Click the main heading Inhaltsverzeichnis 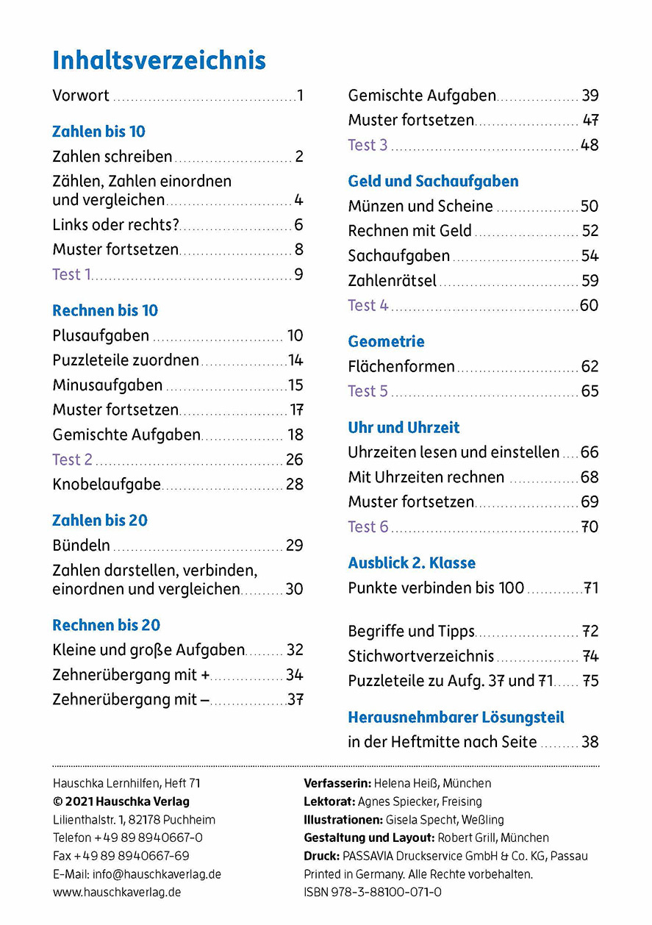[159, 60]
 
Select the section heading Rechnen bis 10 [105, 310]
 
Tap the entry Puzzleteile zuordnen [126, 360]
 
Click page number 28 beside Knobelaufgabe [294, 485]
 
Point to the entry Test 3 [368, 145]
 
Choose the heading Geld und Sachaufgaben [433, 181]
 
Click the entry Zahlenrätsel [392, 281]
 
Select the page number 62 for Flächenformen [590, 366]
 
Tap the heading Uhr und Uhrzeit [404, 427]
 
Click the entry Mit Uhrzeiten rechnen [426, 477]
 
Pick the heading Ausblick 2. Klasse [412, 562]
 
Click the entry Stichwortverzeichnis [421, 657]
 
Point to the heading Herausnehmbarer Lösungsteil [456, 717]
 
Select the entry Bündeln [82, 546]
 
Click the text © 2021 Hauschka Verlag [121, 801]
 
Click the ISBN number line [373, 892]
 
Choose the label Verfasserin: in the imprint [337, 783]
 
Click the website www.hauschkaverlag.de [117, 892]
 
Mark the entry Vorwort [81, 96]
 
